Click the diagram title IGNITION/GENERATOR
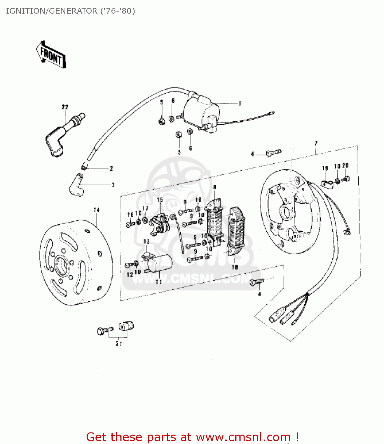click(70, 11)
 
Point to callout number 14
click(97, 210)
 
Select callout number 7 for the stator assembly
click(316, 143)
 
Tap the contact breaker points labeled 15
click(160, 224)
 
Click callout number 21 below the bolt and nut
click(119, 343)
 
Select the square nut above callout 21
click(126, 326)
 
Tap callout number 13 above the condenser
click(146, 242)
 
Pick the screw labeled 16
click(130, 224)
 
